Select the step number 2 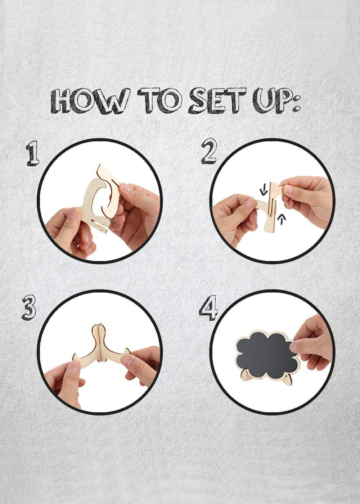pyautogui.click(x=208, y=151)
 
